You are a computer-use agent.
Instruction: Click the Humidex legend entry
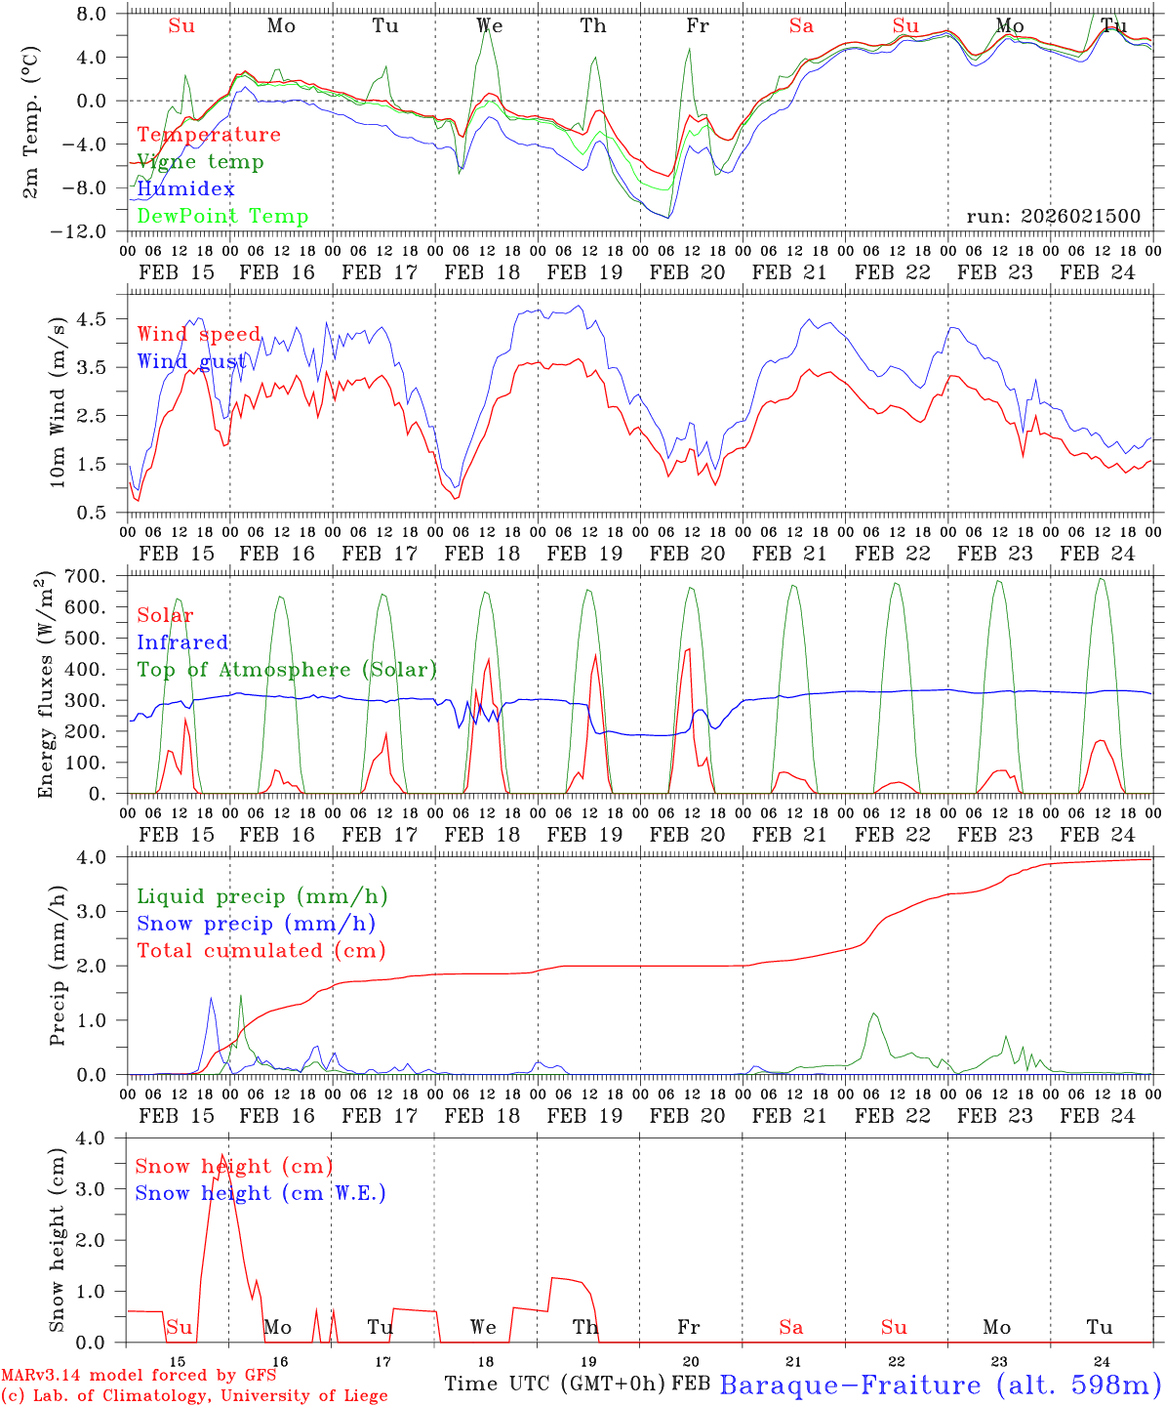(x=185, y=189)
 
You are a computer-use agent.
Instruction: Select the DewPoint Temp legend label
(x=222, y=217)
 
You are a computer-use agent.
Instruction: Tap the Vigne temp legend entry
(x=200, y=162)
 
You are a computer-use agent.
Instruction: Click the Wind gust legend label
(x=192, y=362)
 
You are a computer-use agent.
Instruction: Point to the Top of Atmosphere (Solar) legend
(x=287, y=670)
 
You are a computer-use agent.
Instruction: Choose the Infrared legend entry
(x=182, y=642)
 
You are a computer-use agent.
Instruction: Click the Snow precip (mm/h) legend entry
(x=256, y=924)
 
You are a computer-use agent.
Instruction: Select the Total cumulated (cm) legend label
(x=261, y=951)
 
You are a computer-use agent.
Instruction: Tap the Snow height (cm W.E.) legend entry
(x=261, y=1193)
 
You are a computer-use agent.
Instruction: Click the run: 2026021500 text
(x=1053, y=217)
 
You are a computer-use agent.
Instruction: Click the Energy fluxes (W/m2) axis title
(x=45, y=686)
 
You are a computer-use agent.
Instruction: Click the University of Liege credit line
(x=195, y=1396)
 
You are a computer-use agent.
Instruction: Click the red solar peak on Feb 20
(x=688, y=649)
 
